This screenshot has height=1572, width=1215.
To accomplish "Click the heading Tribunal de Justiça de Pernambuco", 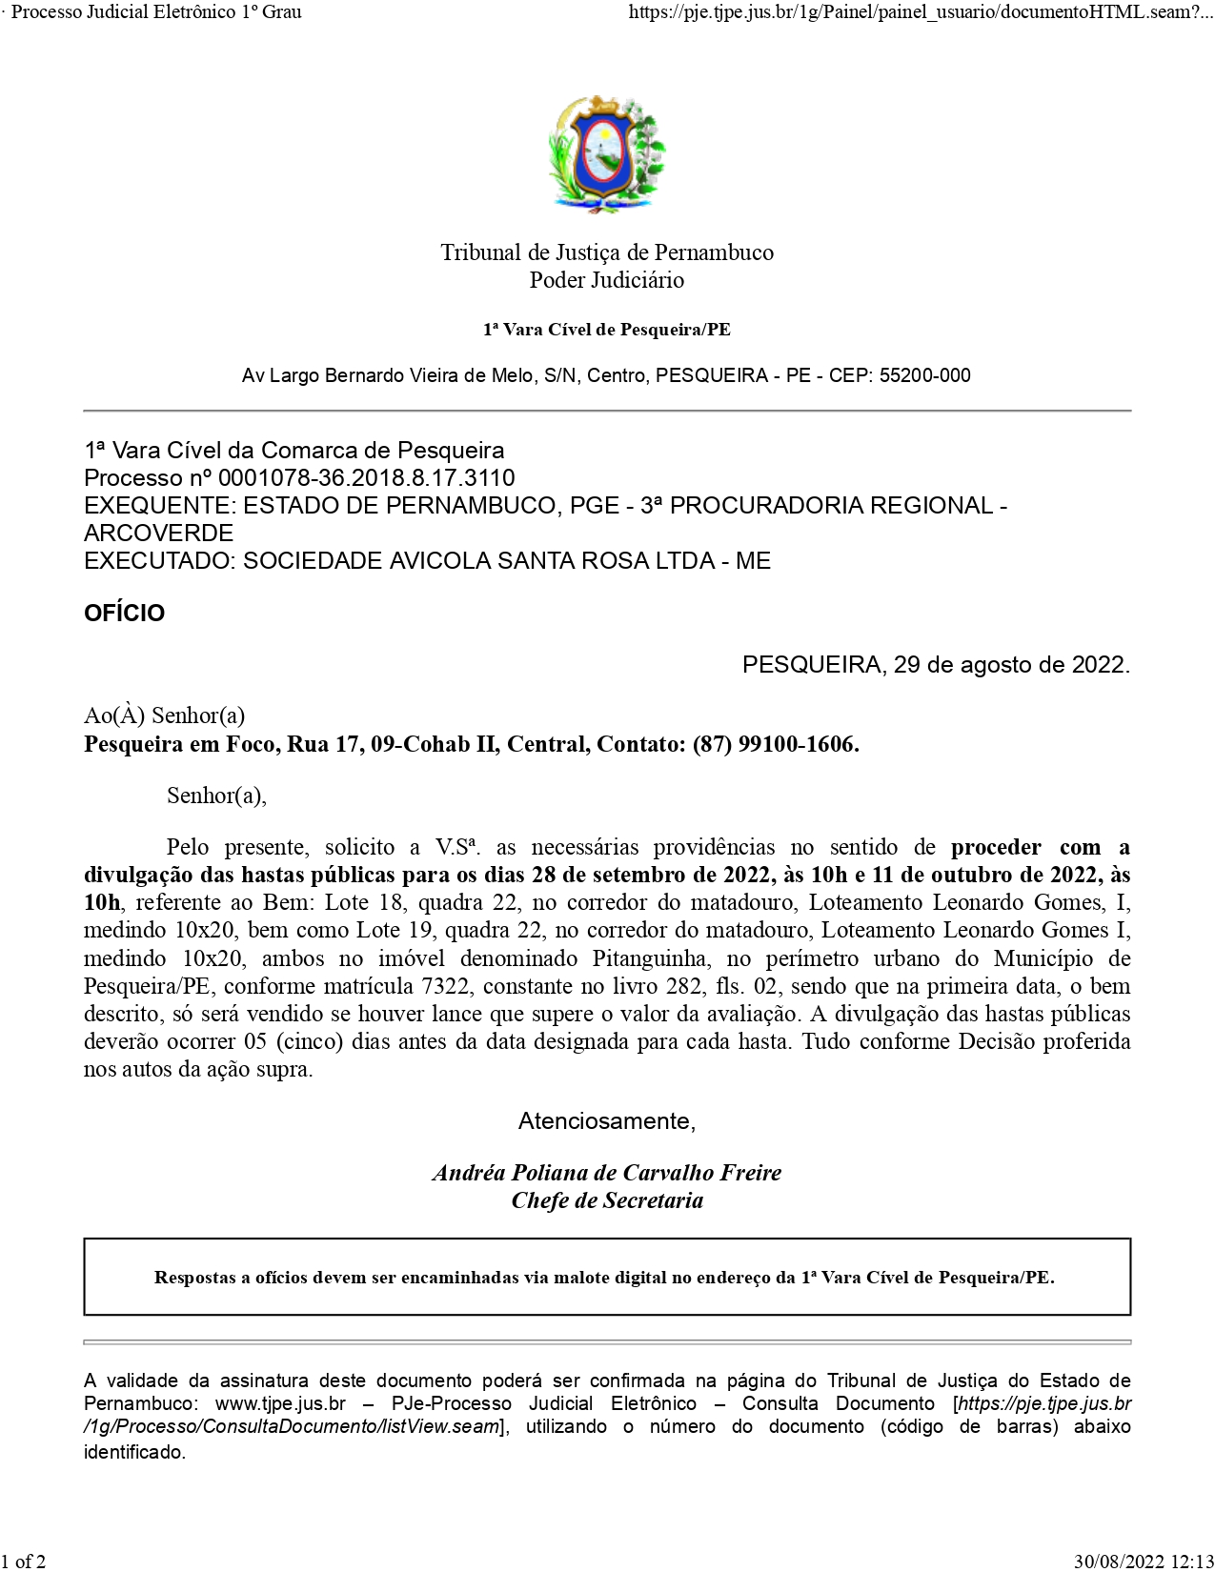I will (x=606, y=252).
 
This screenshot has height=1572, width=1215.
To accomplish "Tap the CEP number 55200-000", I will (x=924, y=375).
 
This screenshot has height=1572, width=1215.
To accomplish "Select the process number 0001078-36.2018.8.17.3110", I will (x=366, y=478).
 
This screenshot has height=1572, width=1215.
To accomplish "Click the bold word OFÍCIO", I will (x=124, y=613).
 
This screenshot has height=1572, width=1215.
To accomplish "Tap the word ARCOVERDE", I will (x=158, y=533).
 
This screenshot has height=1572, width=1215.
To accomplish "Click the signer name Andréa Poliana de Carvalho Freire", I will (x=606, y=1173).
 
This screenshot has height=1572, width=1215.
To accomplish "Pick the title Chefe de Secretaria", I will (x=606, y=1200).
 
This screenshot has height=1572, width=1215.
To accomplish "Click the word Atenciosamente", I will (x=606, y=1121).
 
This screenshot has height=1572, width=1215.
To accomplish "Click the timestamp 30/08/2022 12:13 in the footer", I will (x=1144, y=1562).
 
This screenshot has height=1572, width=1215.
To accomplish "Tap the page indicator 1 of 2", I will (x=24, y=1562).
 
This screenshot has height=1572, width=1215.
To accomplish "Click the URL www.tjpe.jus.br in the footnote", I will (x=280, y=1403).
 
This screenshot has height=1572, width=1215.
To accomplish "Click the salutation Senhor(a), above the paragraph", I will (x=216, y=796).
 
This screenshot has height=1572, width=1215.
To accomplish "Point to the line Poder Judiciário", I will (x=606, y=280).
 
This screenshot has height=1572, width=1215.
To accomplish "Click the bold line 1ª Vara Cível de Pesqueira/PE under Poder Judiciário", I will (x=606, y=330).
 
